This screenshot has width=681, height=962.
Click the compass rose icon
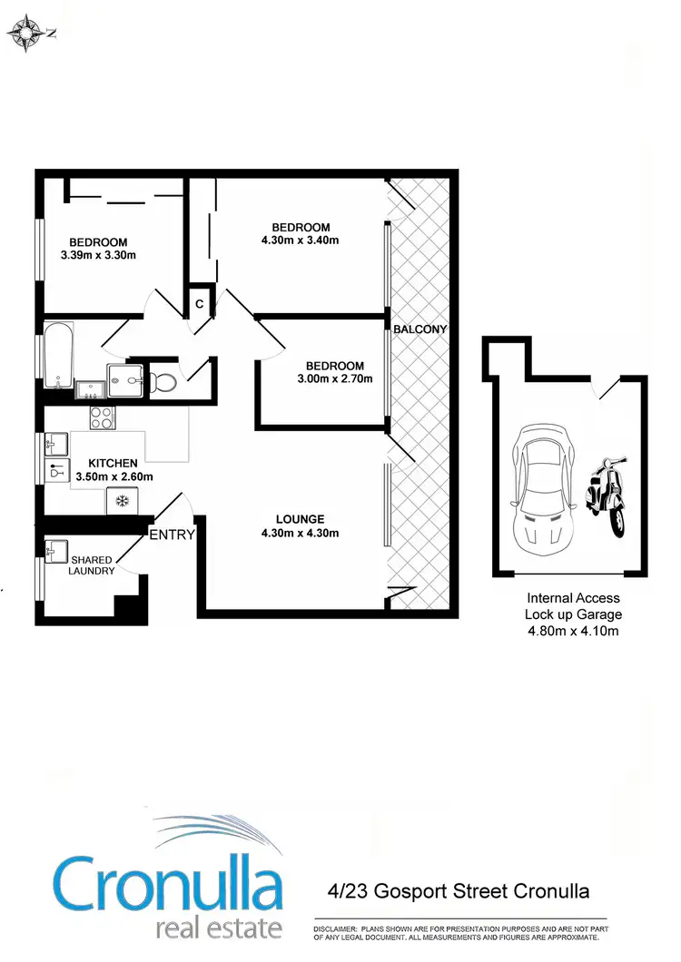pyautogui.click(x=28, y=33)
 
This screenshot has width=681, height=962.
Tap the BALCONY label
pyautogui.click(x=420, y=329)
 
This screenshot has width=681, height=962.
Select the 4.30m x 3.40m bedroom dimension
pyautogui.click(x=301, y=240)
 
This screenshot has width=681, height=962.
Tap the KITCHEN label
pyautogui.click(x=113, y=463)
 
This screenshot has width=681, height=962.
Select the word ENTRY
pyautogui.click(x=173, y=535)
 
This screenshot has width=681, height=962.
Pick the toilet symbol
pyautogui.click(x=163, y=380)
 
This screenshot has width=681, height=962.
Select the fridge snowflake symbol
pyautogui.click(x=120, y=500)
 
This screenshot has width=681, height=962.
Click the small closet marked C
pyautogui.click(x=199, y=304)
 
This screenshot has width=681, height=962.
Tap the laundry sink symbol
pyautogui.click(x=57, y=549)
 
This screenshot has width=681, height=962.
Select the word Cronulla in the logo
pyautogui.click(x=168, y=884)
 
